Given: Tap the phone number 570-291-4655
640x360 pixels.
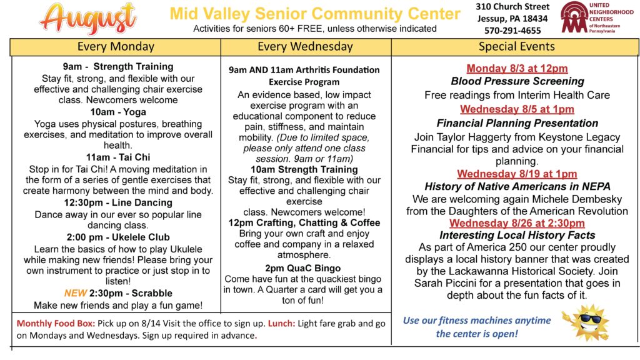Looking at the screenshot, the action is (512, 31).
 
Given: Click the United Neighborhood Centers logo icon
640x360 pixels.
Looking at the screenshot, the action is (574, 17).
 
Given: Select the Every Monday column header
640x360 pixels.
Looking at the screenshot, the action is (116, 47).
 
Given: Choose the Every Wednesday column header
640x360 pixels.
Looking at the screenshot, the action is (305, 47).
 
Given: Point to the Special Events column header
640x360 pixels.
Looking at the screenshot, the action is (516, 47).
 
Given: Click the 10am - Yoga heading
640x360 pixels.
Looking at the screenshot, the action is (118, 112).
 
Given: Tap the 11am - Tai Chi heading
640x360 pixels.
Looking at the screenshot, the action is (118, 157).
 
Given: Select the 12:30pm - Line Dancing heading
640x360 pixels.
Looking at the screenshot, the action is (118, 203).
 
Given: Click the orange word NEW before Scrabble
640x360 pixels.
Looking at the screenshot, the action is (76, 294).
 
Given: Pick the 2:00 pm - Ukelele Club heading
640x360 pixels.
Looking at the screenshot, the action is (118, 237).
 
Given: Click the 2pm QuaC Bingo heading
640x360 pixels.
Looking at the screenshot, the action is (303, 269).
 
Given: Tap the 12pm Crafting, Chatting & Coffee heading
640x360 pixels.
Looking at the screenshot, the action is (304, 223).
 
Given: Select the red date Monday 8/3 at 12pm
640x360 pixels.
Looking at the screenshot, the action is (517, 69).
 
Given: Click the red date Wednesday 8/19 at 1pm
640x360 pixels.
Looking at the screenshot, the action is (517, 174).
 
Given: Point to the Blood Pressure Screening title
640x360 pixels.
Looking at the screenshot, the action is (517, 81).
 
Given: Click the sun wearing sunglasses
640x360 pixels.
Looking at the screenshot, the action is (586, 322).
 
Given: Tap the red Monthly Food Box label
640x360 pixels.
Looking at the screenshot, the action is (56, 324).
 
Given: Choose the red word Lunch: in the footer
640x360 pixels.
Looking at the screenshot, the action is (281, 324).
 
